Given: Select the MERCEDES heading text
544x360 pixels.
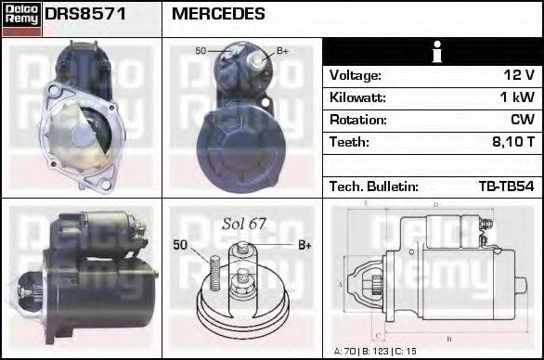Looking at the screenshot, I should click(x=218, y=14).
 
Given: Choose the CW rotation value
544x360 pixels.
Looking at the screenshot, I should click(x=522, y=120).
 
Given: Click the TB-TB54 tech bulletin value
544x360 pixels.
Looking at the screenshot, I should click(x=506, y=186).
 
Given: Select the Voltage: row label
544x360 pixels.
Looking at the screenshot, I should click(x=356, y=75).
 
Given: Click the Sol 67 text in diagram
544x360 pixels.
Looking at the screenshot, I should click(x=243, y=225).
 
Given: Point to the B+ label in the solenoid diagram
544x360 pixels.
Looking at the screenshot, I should click(x=304, y=245).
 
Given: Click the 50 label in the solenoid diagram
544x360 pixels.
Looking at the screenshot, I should click(x=181, y=245).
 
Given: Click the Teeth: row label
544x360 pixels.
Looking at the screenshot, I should click(x=349, y=142).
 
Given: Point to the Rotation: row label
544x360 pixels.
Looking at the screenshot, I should click(x=356, y=120).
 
